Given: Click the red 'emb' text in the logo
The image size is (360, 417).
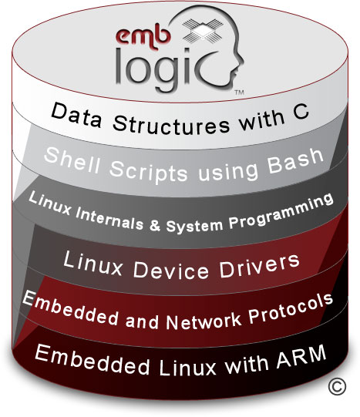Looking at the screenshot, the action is [143, 37].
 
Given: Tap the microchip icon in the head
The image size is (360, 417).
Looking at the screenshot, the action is [204, 30].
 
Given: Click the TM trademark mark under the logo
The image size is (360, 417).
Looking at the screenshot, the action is [239, 92].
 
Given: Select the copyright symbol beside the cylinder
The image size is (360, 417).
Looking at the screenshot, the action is [337, 387].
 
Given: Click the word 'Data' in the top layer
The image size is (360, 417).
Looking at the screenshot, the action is [76, 116].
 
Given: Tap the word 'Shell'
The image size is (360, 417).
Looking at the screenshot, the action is [72, 160].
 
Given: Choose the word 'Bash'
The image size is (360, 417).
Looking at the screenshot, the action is [295, 161].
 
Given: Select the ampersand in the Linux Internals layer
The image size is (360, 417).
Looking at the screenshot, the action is [155, 226].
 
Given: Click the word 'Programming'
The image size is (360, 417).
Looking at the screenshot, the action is [281, 211].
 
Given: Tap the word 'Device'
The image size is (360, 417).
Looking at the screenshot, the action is [171, 271].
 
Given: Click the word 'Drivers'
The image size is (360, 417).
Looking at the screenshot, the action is [259, 265].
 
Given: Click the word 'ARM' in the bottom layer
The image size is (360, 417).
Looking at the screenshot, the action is [301, 356].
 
